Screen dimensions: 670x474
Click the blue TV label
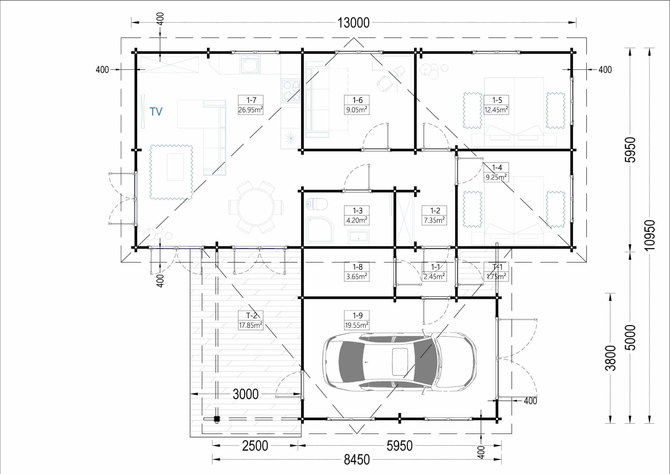[x=156, y=112]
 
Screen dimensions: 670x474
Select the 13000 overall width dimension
[x=353, y=23]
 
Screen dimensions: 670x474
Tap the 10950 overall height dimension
[x=650, y=235]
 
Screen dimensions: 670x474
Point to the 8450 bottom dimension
[x=357, y=459]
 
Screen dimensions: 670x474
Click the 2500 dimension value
[x=255, y=446]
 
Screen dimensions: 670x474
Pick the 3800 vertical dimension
[x=610, y=358]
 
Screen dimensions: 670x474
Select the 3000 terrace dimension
[x=245, y=394]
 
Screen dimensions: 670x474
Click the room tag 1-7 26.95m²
[x=251, y=105]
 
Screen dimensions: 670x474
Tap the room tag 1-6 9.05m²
[x=357, y=105]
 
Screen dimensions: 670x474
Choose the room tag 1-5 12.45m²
[x=496, y=105]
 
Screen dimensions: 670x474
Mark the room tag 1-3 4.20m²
[x=357, y=215]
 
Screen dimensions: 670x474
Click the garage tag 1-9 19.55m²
[x=357, y=320]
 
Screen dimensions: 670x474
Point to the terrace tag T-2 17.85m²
[x=251, y=320]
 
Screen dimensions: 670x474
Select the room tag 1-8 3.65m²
[x=357, y=272]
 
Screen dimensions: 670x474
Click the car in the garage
[x=399, y=362]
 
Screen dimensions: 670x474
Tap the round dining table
[x=256, y=207]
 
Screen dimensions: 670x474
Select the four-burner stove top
[x=291, y=91]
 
